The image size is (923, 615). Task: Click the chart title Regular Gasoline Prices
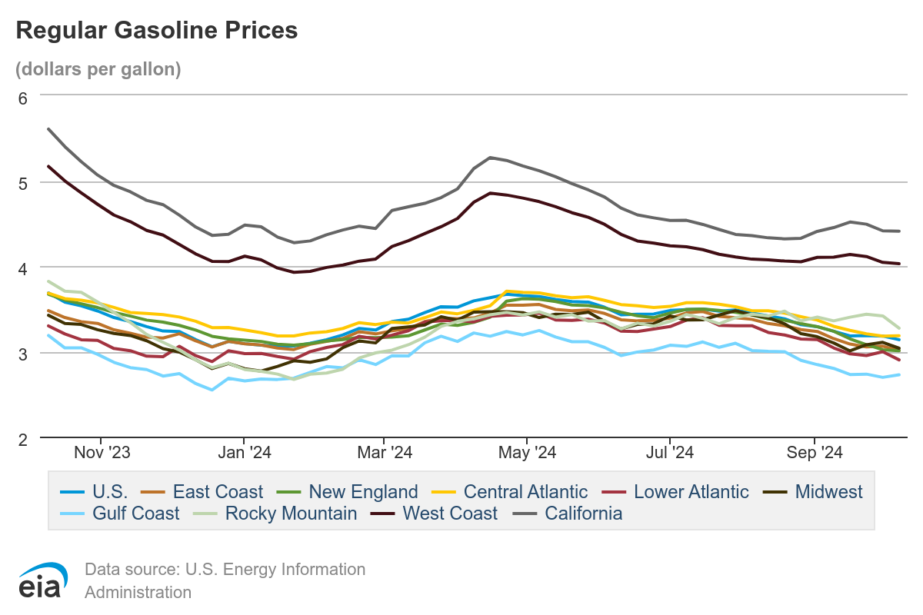[156, 30]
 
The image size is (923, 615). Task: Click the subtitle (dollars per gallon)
[98, 68]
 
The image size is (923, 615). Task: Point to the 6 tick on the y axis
[23, 98]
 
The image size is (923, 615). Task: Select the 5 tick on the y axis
[23, 183]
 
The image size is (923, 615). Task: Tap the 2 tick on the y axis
[23, 438]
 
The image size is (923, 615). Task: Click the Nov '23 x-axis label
[103, 453]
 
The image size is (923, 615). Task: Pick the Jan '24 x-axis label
[243, 453]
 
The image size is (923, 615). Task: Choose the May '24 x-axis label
[528, 453]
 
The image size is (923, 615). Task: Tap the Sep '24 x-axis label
[815, 453]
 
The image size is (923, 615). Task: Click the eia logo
[44, 580]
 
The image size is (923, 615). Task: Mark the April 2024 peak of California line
[491, 158]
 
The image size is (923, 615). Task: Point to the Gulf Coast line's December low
[212, 390]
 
